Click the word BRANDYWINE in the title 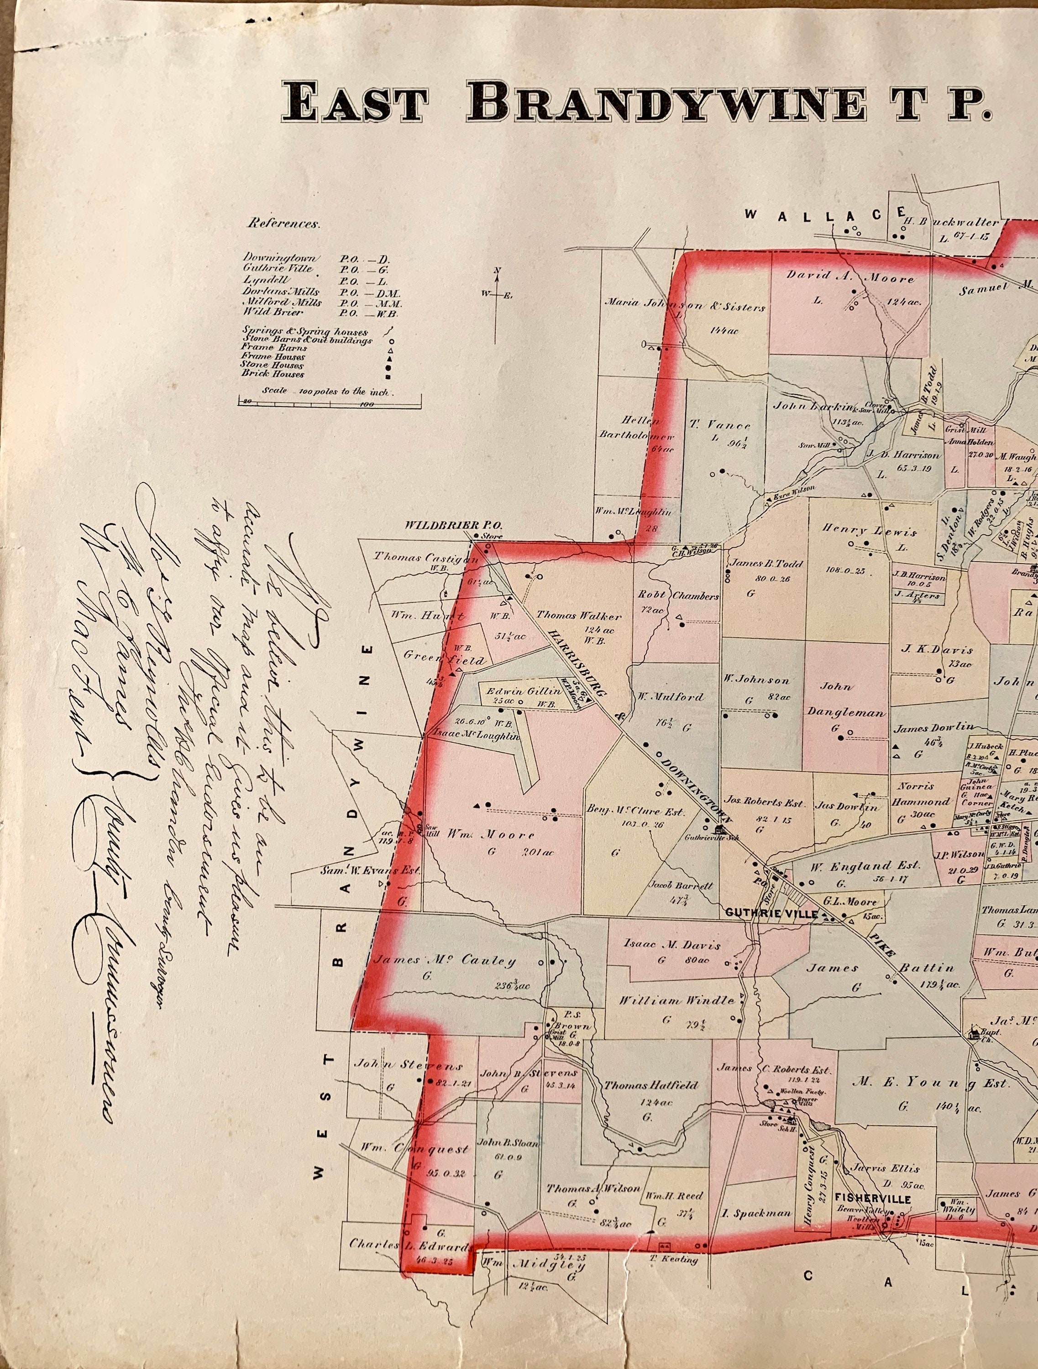click(666, 102)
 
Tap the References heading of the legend click(283, 224)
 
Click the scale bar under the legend click(329, 403)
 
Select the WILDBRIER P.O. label click(454, 525)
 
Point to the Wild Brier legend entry click(273, 312)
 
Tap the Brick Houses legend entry click(273, 374)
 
